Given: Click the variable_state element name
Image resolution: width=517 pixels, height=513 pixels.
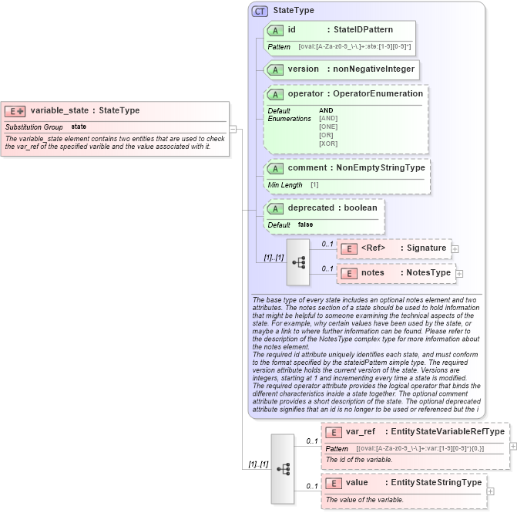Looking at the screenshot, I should [x=59, y=110].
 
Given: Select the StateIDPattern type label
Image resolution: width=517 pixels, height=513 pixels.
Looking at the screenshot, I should [x=363, y=30].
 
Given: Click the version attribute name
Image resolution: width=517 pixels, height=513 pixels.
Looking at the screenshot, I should [x=303, y=69].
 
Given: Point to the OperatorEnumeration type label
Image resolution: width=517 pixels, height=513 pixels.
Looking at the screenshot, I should [x=377, y=94].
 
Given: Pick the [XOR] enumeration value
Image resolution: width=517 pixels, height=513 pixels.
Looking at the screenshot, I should [x=327, y=143].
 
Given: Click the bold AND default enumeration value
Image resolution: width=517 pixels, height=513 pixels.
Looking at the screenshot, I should [x=326, y=110].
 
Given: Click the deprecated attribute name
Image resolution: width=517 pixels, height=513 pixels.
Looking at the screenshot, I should [x=311, y=208].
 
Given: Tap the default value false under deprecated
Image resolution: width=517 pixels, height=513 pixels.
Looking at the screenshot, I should [x=305, y=224].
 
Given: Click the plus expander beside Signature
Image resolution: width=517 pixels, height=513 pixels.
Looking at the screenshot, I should [x=455, y=248].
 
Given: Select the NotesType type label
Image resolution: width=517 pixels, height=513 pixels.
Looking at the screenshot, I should [x=428, y=272].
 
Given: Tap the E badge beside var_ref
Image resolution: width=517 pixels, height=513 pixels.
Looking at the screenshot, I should [x=334, y=432].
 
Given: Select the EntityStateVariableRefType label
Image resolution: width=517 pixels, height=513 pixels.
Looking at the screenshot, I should [x=445, y=432].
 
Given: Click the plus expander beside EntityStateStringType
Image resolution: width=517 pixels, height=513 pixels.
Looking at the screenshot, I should [x=490, y=489].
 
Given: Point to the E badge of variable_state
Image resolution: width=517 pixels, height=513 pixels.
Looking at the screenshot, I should [x=15, y=110].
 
